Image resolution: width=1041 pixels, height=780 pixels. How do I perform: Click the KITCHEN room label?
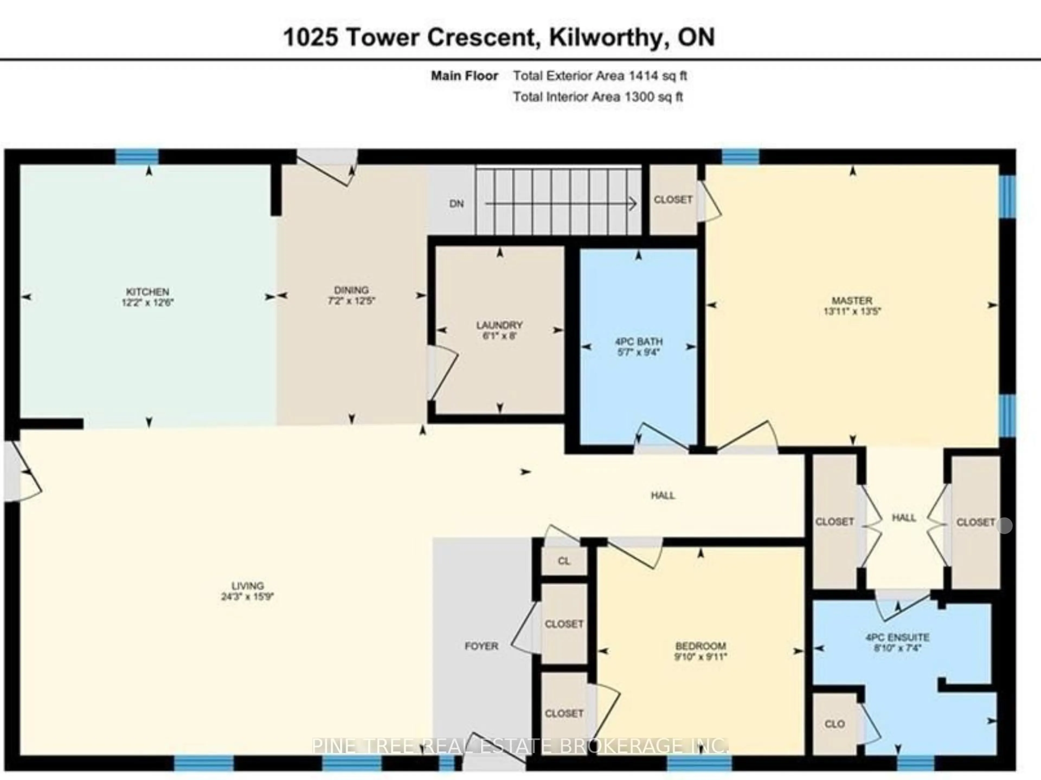[x=147, y=292]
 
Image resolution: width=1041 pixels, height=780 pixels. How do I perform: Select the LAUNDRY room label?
[x=499, y=325]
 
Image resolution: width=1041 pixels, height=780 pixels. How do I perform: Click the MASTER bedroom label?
[x=852, y=300]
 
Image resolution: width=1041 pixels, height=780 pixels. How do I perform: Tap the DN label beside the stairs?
[x=457, y=204]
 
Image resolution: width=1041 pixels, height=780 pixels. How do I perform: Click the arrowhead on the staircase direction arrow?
[x=633, y=204]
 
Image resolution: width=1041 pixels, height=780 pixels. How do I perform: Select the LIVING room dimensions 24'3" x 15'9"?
[x=248, y=597]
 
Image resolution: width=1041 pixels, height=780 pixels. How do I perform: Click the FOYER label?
[x=481, y=646]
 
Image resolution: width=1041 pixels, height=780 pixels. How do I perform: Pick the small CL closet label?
[x=564, y=561]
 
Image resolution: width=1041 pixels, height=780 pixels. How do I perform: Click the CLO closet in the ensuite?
[x=834, y=724]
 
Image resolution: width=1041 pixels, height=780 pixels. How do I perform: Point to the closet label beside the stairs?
[x=673, y=199]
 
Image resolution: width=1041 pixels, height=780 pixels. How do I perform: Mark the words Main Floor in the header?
[x=464, y=76]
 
